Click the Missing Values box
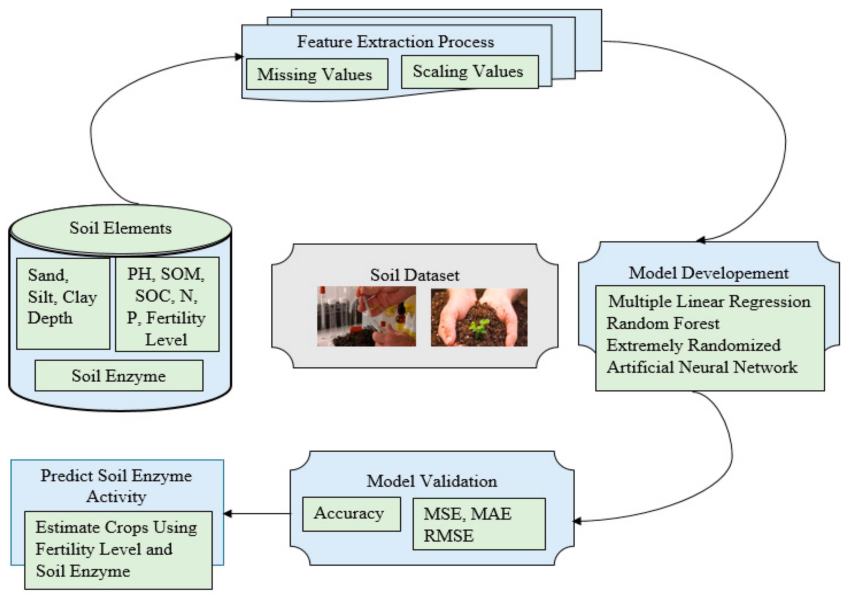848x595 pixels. [x=317, y=74]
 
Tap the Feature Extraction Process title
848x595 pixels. [x=395, y=42]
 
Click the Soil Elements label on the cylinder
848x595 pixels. [x=120, y=228]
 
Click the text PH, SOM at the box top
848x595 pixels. [x=166, y=274]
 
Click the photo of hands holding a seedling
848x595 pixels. [x=479, y=317]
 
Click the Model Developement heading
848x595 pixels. [x=708, y=273]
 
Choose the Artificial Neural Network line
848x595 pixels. [x=702, y=367]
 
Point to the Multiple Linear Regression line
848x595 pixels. [x=709, y=301]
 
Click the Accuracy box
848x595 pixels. [x=351, y=514]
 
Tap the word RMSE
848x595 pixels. [x=448, y=536]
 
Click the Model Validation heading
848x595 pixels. [x=431, y=481]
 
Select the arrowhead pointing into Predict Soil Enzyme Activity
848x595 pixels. [x=228, y=514]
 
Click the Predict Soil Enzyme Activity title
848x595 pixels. [x=116, y=486]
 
